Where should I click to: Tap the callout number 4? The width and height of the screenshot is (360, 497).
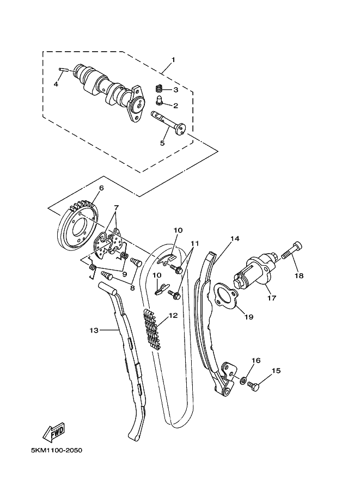click(x=56, y=84)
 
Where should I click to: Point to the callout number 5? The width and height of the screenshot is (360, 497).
click(x=162, y=143)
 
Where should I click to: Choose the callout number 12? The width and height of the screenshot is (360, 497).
click(x=173, y=315)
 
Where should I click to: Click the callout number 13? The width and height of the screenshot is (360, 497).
click(x=94, y=330)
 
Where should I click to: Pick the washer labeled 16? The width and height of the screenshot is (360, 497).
click(x=243, y=378)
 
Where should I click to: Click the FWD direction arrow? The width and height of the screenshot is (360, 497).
click(x=54, y=433)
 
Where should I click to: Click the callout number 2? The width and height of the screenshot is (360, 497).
click(x=175, y=106)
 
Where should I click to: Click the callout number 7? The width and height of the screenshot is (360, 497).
click(x=115, y=207)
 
